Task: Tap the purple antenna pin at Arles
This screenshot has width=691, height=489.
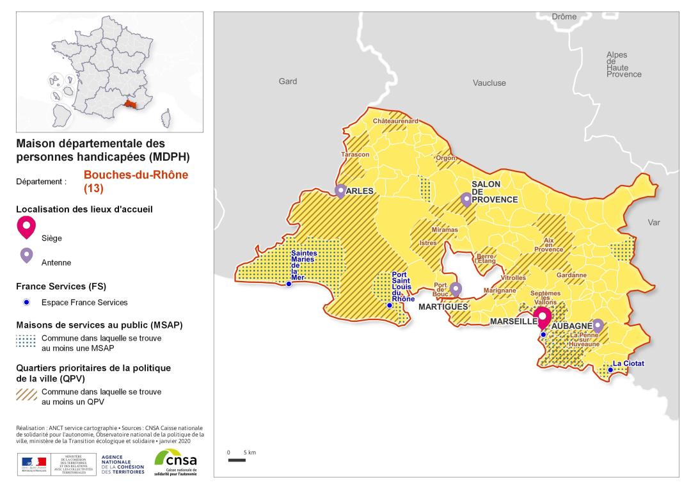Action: (340, 191)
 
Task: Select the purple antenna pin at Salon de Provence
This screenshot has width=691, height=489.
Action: (466, 199)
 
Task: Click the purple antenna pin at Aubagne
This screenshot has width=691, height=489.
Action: (598, 325)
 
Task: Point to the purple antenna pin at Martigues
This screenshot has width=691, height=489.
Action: (456, 289)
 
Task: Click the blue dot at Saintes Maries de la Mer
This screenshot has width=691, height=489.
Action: (289, 284)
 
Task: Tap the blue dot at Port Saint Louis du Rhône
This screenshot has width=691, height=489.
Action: (390, 306)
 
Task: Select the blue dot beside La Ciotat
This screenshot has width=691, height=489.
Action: (609, 369)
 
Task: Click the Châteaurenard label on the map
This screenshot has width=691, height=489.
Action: (395, 121)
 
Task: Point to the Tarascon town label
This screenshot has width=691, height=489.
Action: (355, 155)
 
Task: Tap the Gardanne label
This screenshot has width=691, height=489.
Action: (571, 275)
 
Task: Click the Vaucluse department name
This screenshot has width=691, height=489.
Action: (489, 83)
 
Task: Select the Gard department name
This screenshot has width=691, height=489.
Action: (288, 81)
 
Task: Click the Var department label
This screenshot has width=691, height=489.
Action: (654, 223)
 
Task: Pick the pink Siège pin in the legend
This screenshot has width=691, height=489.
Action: (26, 227)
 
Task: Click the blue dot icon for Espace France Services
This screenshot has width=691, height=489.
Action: (26, 302)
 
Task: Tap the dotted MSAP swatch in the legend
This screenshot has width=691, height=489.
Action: (26, 341)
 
